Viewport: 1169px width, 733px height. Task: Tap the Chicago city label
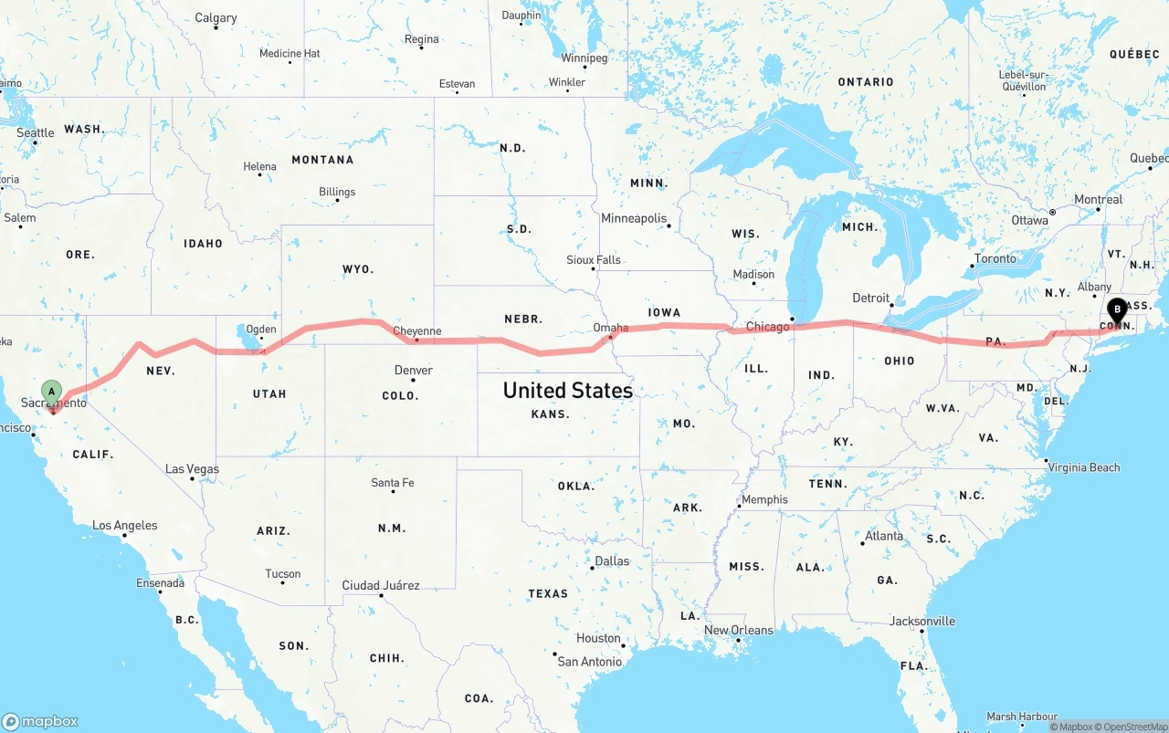(767, 327)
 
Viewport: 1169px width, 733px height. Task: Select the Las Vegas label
(192, 469)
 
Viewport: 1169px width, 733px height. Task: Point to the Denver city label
(414, 371)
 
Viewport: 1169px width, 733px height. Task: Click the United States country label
(567, 391)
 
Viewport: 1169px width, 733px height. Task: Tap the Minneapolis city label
(634, 219)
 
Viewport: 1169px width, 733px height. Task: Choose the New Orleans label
(738, 631)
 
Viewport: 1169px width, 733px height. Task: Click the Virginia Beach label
(1084, 467)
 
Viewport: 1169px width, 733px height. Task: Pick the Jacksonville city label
(922, 622)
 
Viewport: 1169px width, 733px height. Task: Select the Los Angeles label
(124, 526)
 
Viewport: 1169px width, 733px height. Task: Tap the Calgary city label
(216, 18)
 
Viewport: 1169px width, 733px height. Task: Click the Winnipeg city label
(584, 58)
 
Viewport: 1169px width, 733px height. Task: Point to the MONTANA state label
(322, 160)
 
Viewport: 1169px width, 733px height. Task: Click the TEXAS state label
(548, 594)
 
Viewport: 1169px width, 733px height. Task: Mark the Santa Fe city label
(393, 483)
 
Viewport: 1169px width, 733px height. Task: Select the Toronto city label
(995, 259)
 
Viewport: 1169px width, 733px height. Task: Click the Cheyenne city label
(416, 331)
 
